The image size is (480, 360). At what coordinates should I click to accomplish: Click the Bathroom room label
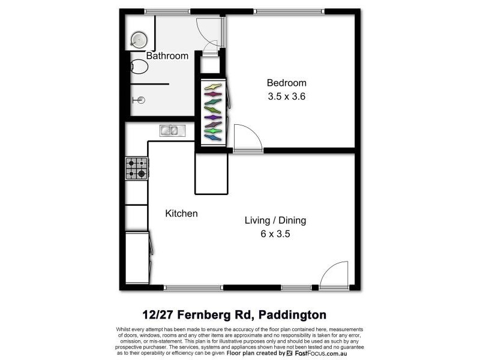coord(167,56)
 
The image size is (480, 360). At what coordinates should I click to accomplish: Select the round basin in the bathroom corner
coord(138,40)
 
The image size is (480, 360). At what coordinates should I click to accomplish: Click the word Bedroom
coord(286,83)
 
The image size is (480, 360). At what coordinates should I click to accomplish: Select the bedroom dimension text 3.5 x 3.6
coord(286,96)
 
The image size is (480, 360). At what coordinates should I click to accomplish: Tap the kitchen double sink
coord(169,130)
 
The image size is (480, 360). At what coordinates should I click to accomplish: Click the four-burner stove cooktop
coord(136,168)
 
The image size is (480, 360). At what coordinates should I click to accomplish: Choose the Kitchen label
coord(181,214)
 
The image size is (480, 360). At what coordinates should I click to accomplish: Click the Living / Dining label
coord(275,221)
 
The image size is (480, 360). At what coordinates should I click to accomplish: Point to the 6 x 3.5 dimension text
coord(275,234)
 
